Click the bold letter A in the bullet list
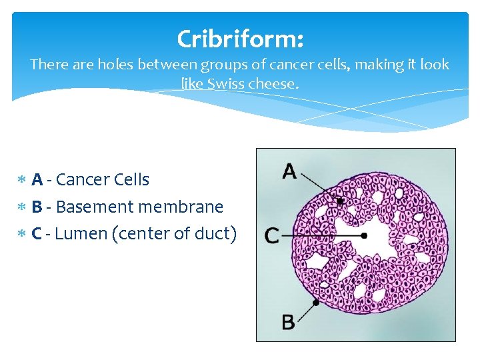(x=37, y=179)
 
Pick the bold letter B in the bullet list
(x=37, y=207)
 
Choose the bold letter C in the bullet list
(x=37, y=234)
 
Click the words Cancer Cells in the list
(x=103, y=179)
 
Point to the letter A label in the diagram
(x=289, y=172)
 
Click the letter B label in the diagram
(x=288, y=323)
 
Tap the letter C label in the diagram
(x=272, y=235)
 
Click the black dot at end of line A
(x=339, y=201)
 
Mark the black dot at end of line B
(x=316, y=302)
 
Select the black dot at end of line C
(x=364, y=235)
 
